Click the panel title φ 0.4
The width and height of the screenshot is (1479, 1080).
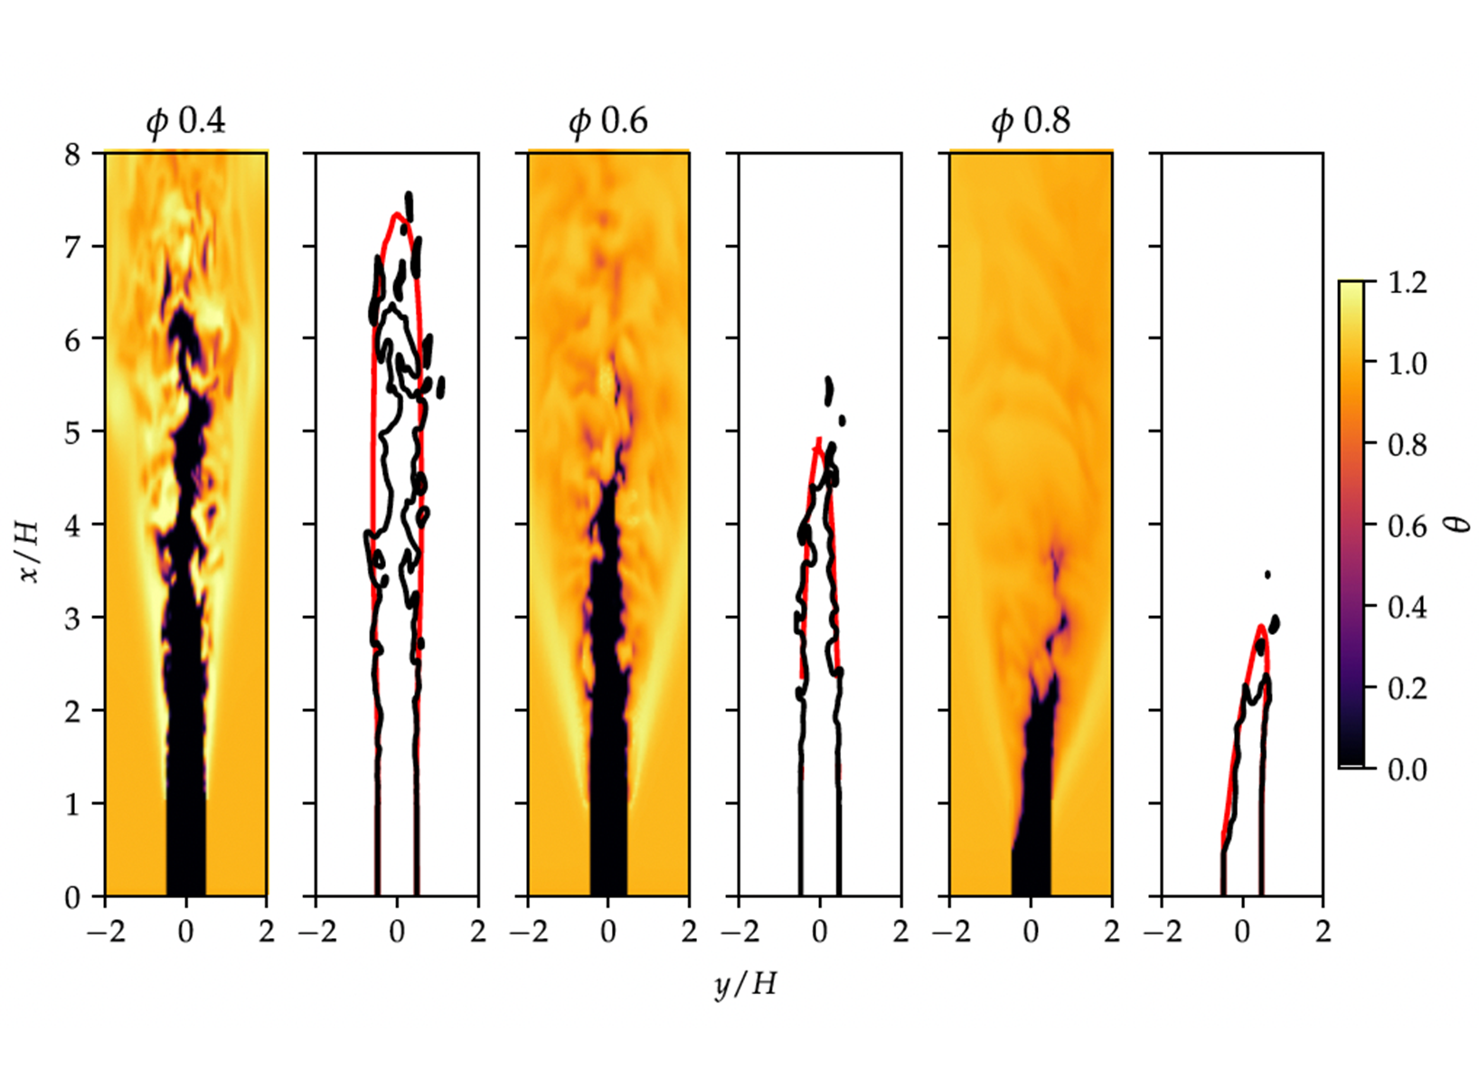[186, 121]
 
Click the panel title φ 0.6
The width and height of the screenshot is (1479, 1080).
[608, 121]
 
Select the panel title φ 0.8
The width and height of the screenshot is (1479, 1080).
[1031, 121]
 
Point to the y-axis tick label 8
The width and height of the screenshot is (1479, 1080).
[72, 154]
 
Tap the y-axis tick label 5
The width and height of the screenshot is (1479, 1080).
[72, 432]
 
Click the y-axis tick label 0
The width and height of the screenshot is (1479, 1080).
[72, 896]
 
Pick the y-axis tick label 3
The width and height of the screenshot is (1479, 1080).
[72, 618]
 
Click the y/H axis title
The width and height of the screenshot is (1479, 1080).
[745, 983]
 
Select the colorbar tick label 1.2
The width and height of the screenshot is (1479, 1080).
[1407, 282]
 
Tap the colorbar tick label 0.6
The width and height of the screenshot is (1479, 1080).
[1407, 526]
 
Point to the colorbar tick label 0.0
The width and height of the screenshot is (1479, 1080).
[1407, 770]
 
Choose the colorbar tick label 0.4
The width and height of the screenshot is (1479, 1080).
[1407, 607]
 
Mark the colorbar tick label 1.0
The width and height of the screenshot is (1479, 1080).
[1407, 364]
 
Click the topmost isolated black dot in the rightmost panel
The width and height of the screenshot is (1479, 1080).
[1268, 574]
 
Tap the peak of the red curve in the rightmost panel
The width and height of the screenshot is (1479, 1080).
[1260, 626]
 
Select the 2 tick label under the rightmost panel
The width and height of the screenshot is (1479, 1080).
[1324, 932]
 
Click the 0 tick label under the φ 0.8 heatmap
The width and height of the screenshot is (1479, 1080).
[1031, 932]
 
